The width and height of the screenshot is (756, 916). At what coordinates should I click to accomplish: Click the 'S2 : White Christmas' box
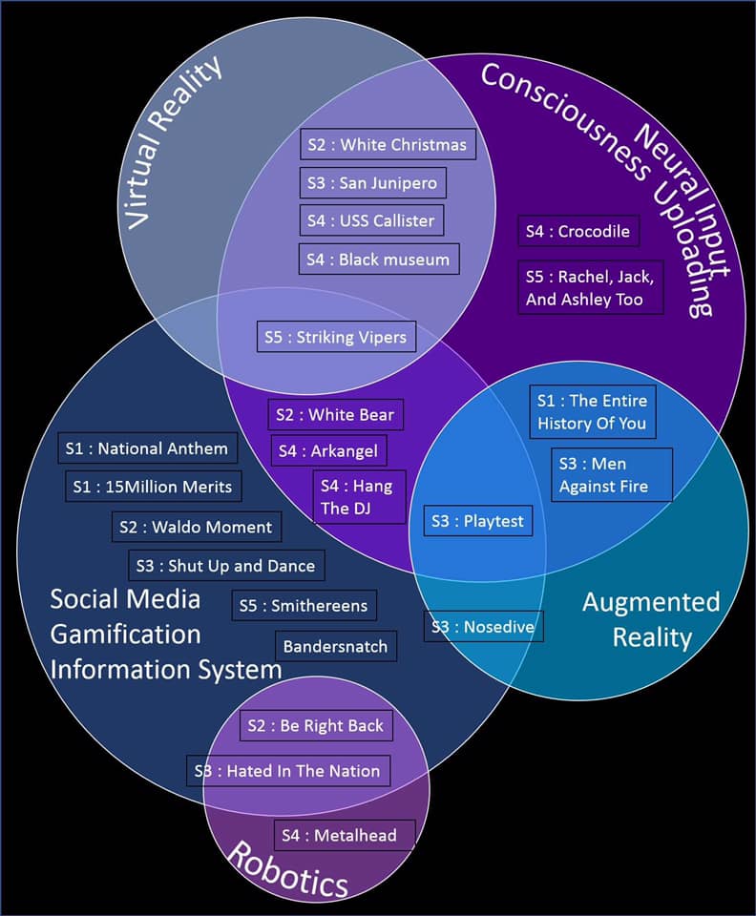pos(388,144)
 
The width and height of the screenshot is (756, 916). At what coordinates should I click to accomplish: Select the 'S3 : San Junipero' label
pos(372,183)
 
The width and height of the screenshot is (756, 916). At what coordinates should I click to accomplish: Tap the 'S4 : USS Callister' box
pos(371,220)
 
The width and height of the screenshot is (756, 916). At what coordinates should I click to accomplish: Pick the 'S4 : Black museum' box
pos(379,259)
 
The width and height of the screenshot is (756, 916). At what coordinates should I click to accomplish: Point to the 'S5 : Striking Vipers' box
pos(337,337)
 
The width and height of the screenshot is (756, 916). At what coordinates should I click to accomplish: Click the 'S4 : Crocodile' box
pos(578,231)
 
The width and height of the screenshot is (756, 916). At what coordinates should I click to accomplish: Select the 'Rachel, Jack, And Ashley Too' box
pos(591,287)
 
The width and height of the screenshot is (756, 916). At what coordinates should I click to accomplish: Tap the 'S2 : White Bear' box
pos(336,415)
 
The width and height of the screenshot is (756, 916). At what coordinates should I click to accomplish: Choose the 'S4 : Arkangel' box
pos(329,451)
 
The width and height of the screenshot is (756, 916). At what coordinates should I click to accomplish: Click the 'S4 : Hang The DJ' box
pos(359,496)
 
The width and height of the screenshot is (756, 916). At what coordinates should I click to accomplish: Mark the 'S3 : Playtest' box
pos(478,521)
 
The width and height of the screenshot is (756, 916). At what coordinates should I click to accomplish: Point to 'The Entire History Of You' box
pos(593,412)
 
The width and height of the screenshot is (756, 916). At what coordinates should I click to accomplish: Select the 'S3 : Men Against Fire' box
pos(612,475)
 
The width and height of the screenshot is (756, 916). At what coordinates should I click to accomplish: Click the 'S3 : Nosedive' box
pos(484,626)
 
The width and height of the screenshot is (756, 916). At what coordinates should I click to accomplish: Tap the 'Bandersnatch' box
pos(336,646)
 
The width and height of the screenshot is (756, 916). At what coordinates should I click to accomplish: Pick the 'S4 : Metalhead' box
pos(345,835)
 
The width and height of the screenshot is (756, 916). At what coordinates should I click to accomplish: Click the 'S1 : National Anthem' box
pos(148,448)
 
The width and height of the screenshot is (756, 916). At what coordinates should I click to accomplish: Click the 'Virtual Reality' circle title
pos(173,142)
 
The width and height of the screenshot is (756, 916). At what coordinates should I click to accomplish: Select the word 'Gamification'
pos(126,635)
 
